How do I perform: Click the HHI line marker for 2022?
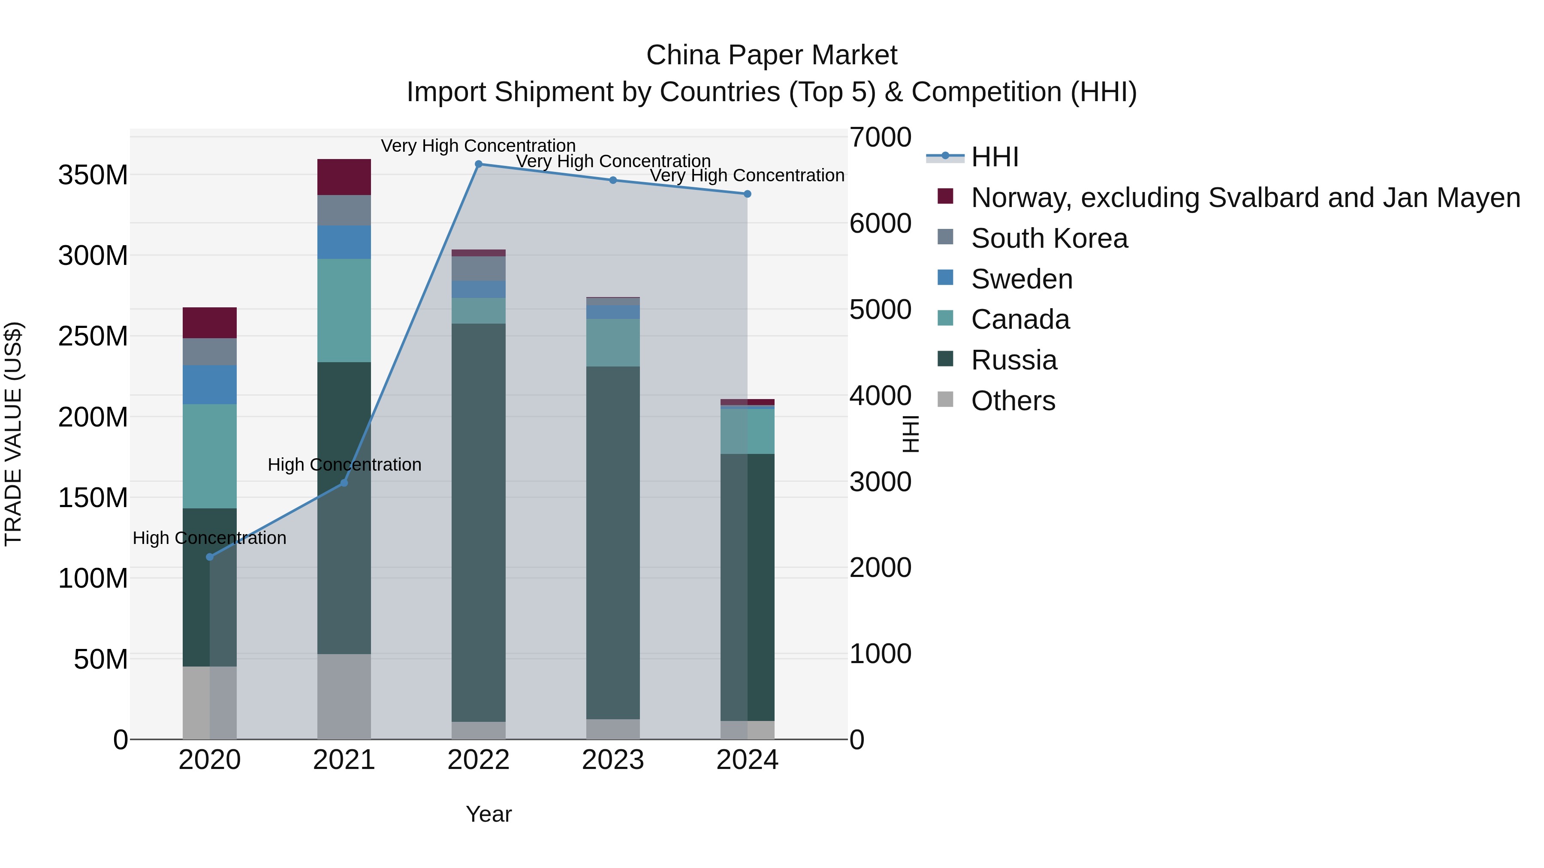(478, 164)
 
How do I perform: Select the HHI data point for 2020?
(210, 557)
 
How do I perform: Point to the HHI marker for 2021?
(344, 483)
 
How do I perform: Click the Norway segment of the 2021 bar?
(344, 177)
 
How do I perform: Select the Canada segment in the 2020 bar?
(210, 456)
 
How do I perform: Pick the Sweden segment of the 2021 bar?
(344, 242)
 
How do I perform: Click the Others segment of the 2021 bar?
(344, 696)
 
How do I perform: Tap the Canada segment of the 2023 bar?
(612, 342)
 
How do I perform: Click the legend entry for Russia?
(1013, 360)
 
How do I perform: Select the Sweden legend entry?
(1021, 279)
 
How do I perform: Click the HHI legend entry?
(994, 157)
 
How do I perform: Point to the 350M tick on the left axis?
(93, 175)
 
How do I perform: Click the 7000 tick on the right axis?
(881, 137)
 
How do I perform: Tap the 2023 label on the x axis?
(612, 760)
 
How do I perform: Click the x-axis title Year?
(489, 814)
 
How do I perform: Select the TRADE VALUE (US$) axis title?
(13, 434)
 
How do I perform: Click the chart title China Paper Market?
(772, 55)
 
